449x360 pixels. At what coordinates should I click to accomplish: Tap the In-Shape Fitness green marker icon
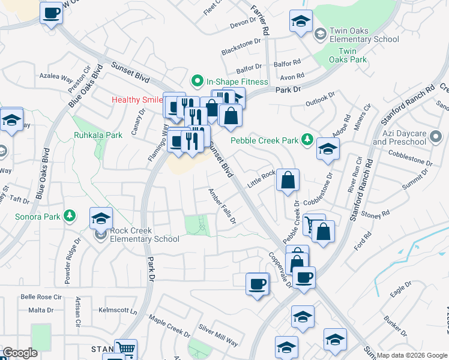pos(196,81)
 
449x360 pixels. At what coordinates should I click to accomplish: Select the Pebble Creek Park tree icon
pos(308,140)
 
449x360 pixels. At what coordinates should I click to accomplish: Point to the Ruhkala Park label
pos(98,136)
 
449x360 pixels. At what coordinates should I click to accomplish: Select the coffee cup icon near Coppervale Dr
pos(257,283)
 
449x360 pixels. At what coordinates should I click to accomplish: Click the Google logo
pos(20,353)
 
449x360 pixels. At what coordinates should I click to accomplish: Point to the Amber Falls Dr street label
pos(221,206)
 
